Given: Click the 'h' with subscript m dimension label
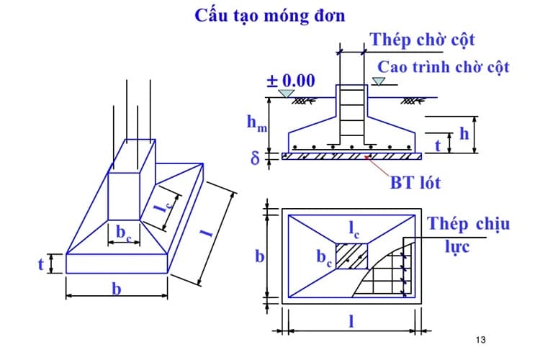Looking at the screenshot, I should click(x=255, y=124).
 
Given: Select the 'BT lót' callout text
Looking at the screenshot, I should click(x=415, y=183).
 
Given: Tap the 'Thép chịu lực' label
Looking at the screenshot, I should click(x=468, y=234).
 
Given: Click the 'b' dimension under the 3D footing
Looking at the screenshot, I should click(x=116, y=289).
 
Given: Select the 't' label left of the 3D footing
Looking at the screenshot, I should click(x=41, y=264).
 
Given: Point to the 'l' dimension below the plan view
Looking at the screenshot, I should click(x=351, y=322).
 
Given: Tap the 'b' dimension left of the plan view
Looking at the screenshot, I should click(x=261, y=257).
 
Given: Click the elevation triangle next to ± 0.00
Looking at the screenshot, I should click(x=287, y=94).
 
